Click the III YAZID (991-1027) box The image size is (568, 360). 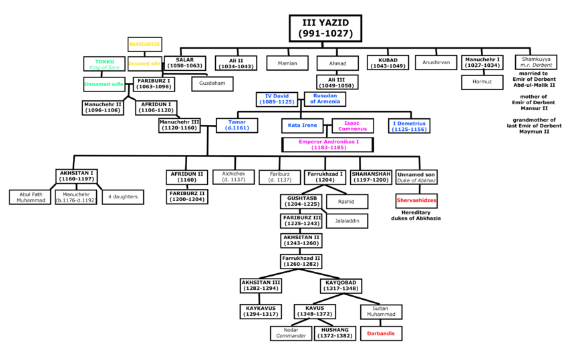[x=325, y=29]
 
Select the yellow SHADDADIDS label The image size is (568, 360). [x=145, y=45]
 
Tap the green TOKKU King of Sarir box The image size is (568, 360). [x=104, y=64]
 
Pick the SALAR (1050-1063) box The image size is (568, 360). [x=184, y=63]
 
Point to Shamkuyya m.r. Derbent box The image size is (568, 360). [x=536, y=62]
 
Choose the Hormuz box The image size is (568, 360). [x=482, y=82]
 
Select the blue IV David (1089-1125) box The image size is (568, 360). [x=277, y=99]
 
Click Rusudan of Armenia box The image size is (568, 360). [x=325, y=99]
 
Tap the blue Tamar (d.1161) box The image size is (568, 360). [x=237, y=125]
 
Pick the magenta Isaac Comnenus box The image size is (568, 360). [x=351, y=126]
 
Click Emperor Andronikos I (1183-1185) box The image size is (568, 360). [x=327, y=144]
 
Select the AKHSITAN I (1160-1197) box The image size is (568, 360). [x=76, y=176]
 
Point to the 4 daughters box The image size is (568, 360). [x=122, y=197]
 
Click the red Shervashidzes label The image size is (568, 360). [x=416, y=200]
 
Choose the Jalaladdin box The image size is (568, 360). [x=347, y=220]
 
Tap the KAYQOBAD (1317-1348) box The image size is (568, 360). [x=341, y=286]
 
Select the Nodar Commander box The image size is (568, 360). [x=291, y=333]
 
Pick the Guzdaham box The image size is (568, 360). [x=212, y=84]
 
